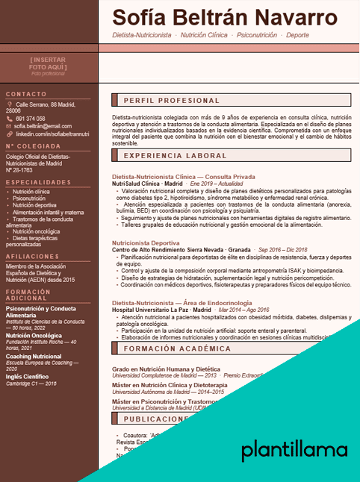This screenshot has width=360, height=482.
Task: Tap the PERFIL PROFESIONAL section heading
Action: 171,101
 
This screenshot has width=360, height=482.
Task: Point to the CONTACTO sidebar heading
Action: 26,95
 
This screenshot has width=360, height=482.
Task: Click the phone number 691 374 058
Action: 30,119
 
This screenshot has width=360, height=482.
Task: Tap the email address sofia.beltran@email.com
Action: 43,126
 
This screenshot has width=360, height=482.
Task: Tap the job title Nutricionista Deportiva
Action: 146,242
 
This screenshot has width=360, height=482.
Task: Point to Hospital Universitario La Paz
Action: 150,309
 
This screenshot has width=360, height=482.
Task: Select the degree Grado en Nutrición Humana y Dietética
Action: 166,369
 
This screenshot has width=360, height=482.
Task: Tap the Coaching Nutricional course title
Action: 34,357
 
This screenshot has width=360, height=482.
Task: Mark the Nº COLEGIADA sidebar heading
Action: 33,146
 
